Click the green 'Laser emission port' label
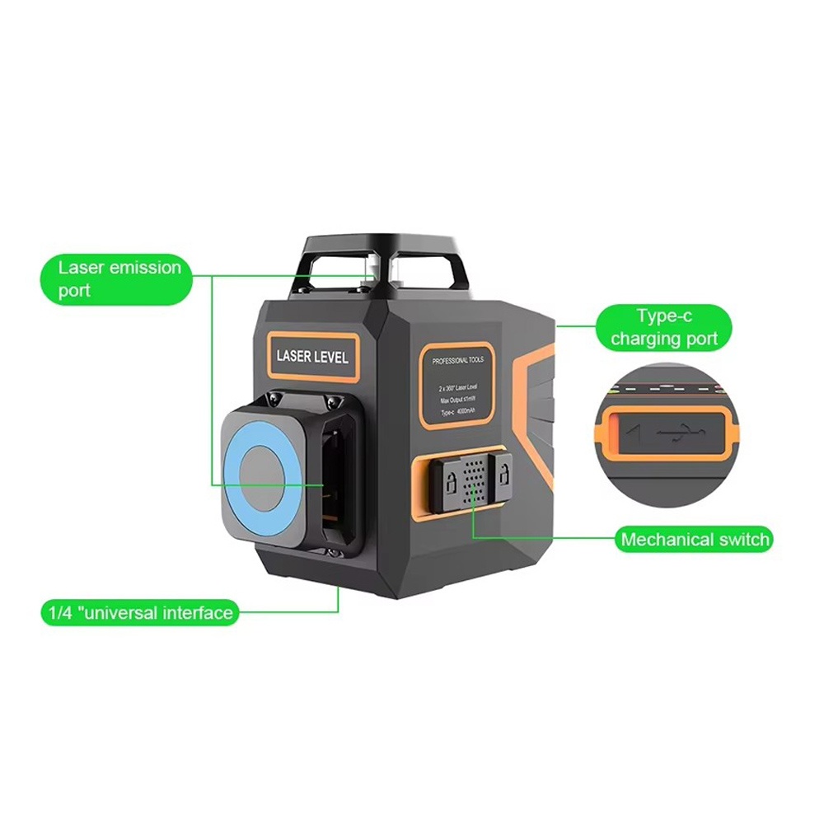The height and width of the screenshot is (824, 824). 119,279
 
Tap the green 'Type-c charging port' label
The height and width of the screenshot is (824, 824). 664,328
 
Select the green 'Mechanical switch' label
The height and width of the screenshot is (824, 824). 695,540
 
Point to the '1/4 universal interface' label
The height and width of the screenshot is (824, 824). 139,612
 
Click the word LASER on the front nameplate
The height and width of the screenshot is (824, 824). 293,357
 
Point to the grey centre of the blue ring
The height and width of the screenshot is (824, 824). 262,476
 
